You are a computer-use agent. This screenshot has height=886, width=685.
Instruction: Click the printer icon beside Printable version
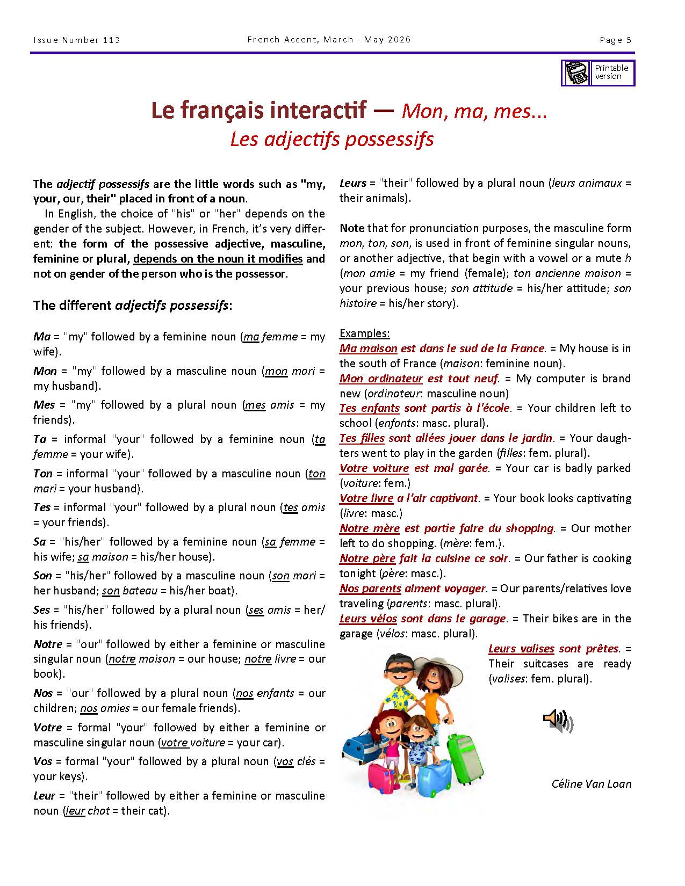pyautogui.click(x=577, y=72)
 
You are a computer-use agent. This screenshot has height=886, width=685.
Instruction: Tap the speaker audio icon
pyautogui.click(x=558, y=721)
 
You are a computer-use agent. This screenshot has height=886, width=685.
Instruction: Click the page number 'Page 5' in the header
pyautogui.click(x=615, y=40)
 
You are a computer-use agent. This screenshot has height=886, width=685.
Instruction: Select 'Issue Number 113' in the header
pyautogui.click(x=77, y=40)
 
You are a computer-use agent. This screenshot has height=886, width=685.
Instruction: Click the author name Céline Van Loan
pyautogui.click(x=591, y=783)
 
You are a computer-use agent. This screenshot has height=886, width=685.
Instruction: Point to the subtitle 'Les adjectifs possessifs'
pyautogui.click(x=331, y=139)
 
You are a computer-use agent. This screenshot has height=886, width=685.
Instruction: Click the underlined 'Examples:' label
pyautogui.click(x=364, y=333)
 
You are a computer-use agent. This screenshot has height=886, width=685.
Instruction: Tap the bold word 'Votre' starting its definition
pyautogui.click(x=47, y=728)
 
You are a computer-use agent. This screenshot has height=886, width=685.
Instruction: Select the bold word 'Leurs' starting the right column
pyautogui.click(x=352, y=183)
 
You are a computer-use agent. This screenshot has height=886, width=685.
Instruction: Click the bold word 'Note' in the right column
pyautogui.click(x=351, y=228)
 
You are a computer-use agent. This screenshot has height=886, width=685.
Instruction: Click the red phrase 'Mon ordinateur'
pyautogui.click(x=381, y=379)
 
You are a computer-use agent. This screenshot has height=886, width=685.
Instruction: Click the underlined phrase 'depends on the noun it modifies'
pyautogui.click(x=218, y=259)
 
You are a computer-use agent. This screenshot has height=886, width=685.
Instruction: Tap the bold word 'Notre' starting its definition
pyautogui.click(x=48, y=644)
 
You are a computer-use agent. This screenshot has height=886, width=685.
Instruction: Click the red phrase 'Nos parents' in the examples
pyautogui.click(x=370, y=589)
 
